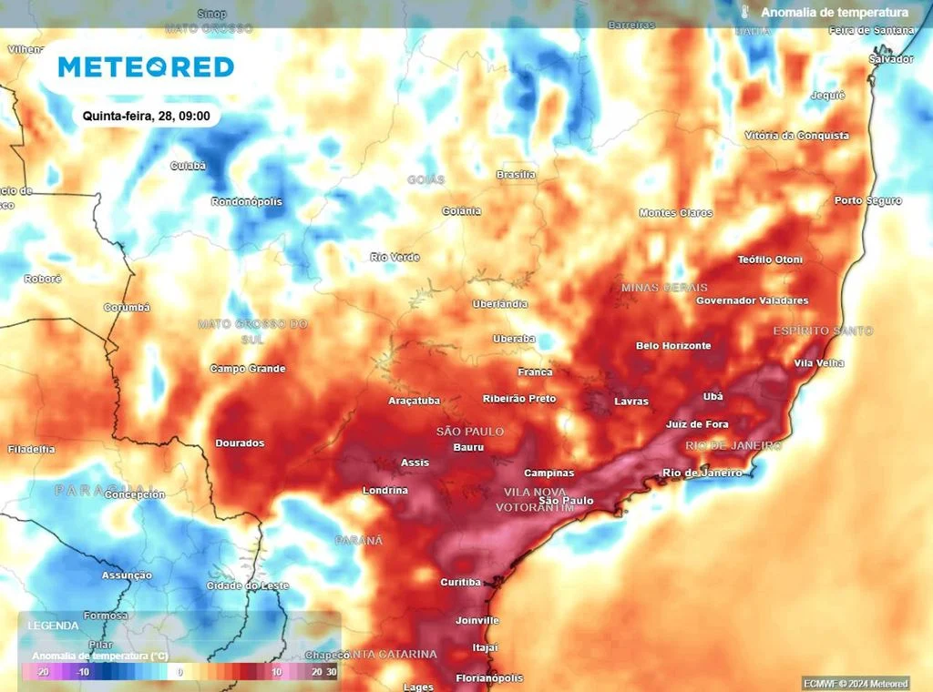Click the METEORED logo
146,66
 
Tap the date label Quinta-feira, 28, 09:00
146,116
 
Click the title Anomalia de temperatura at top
835,12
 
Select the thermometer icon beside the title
743,12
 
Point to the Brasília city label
516,174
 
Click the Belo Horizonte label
673,346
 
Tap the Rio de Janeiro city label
702,473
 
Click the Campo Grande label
248,369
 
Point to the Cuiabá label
189,166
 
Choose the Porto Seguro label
868,200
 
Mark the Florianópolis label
489,678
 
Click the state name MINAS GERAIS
664,288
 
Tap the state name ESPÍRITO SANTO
823,331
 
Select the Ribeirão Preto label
519,399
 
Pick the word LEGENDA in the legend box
54,626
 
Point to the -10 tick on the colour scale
81,672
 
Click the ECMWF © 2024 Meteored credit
856,683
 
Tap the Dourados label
240,443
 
